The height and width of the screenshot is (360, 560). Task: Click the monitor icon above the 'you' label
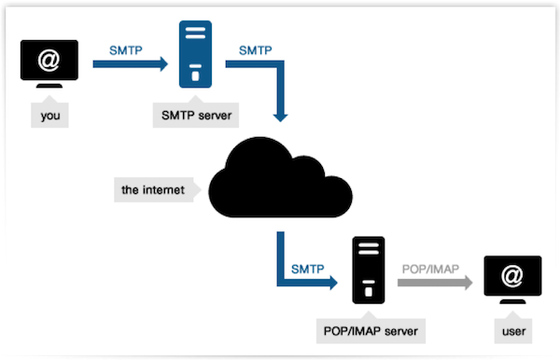pyautogui.click(x=49, y=67)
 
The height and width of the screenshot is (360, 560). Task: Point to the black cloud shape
pyautogui.click(x=280, y=182)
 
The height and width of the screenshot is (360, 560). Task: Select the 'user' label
pyautogui.click(x=511, y=329)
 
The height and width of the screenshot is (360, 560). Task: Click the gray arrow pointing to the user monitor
pyautogui.click(x=433, y=283)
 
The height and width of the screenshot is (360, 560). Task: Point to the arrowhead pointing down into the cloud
pyautogui.click(x=279, y=116)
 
